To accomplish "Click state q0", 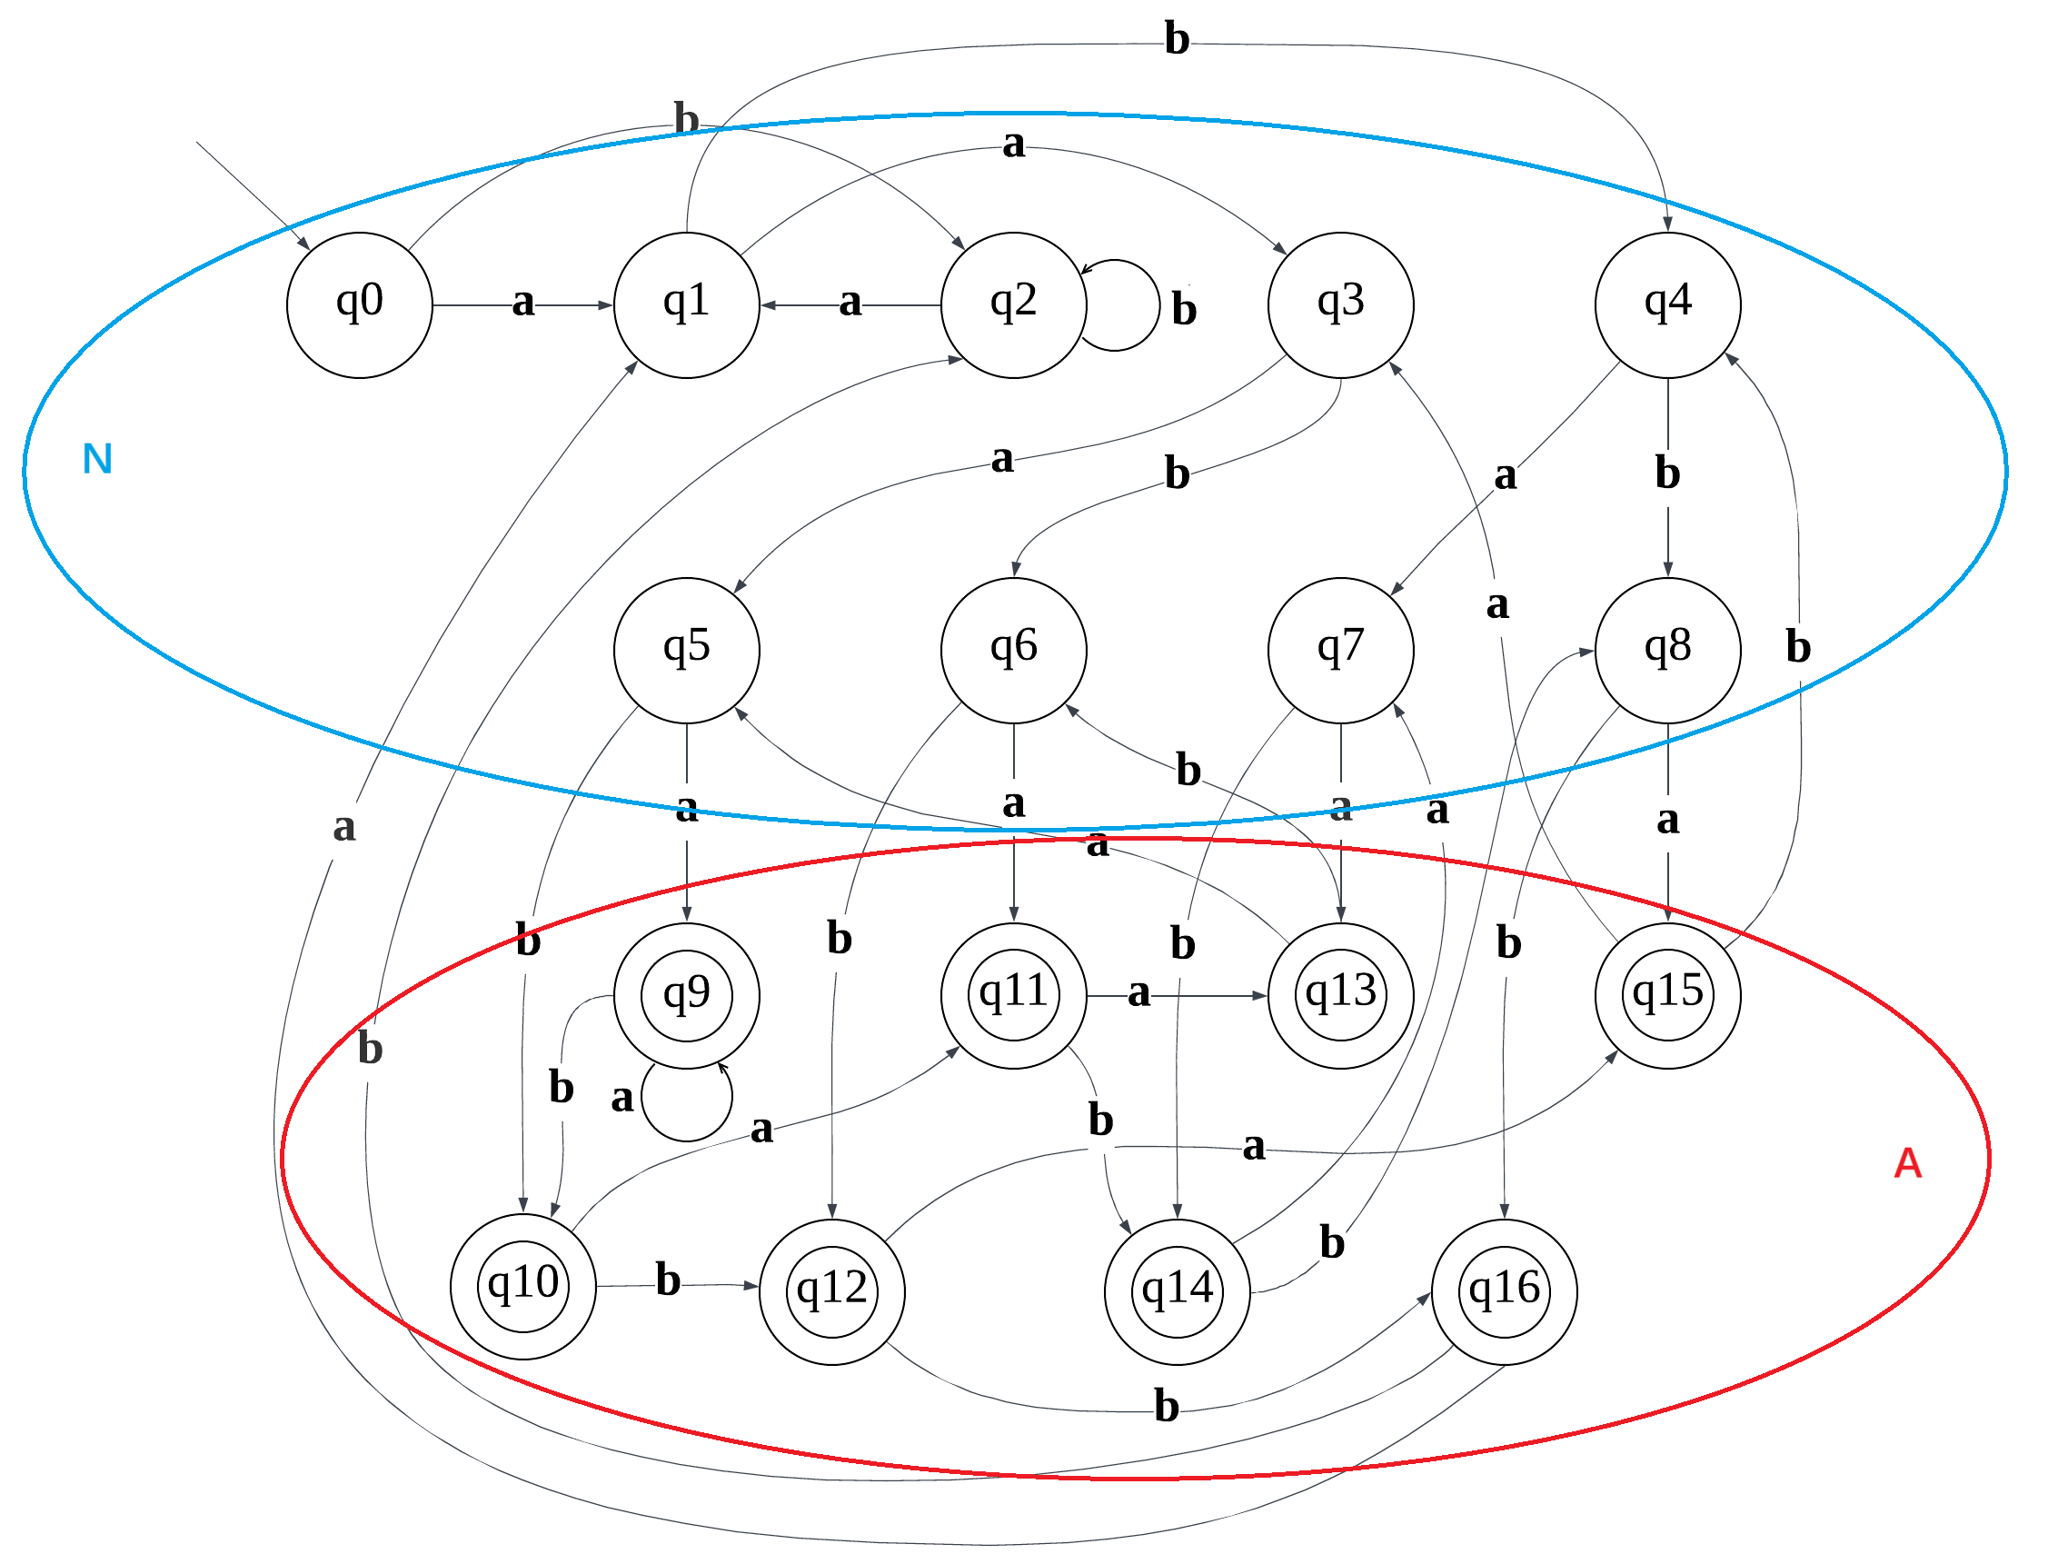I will pos(359,305).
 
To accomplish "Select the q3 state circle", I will pos(1340,305).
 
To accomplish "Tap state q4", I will pos(1667,305).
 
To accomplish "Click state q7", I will pos(1340,651).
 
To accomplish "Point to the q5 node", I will pos(686,651).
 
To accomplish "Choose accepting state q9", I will pos(686,996).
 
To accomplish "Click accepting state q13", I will pos(1340,996).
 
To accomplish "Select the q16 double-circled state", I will pos(1504,1292).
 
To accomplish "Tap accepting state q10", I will pos(523,1288).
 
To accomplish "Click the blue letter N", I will pos(98,459).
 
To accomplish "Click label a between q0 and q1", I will pos(523,302).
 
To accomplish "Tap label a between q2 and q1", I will pos(850,302).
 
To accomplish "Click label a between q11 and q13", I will pos(1138,993).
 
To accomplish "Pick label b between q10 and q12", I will pos(668,1280).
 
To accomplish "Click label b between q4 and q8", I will pos(1667,473).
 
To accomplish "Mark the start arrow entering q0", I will pos(252,195).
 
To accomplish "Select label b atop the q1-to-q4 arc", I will pos(1177,39).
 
